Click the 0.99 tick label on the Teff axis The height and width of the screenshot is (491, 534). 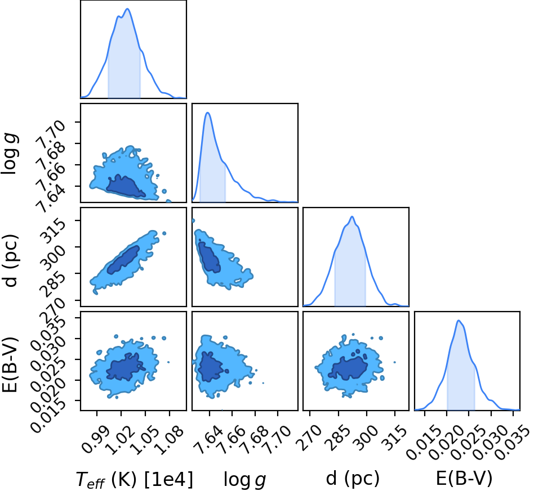tap(96, 441)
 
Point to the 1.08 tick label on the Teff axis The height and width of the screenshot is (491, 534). tap(169, 441)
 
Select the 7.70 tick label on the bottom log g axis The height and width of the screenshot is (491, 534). tap(277, 441)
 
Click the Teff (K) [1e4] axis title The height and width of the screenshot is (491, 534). tap(134, 480)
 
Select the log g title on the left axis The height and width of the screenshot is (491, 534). tap(10, 154)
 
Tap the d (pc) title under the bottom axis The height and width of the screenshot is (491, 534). tap(353, 479)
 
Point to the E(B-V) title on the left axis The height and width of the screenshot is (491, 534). tap(10, 364)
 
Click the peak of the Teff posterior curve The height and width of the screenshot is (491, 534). tap(128, 9)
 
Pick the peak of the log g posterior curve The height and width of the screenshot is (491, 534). tap(207, 112)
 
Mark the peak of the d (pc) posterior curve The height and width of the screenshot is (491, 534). tap(352, 217)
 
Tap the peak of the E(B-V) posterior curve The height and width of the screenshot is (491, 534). tap(459, 321)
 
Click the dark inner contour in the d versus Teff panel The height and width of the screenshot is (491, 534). tap(123, 259)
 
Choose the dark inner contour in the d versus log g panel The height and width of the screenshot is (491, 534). tap(209, 258)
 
